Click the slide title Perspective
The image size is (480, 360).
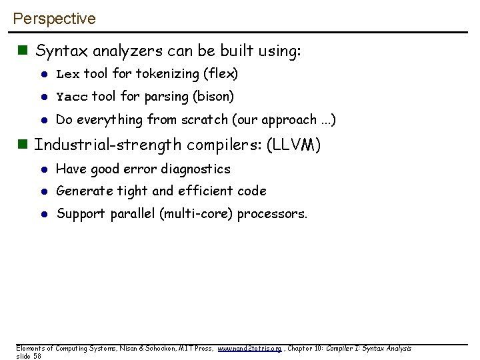tap(54, 19)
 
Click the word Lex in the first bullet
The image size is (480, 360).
tap(68, 73)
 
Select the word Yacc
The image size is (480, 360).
tap(72, 97)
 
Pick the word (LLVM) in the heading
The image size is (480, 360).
tap(293, 145)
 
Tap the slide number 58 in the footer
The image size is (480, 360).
tap(37, 356)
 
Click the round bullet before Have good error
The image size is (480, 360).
tap(41, 170)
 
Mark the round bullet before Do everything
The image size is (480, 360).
tap(41, 121)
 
